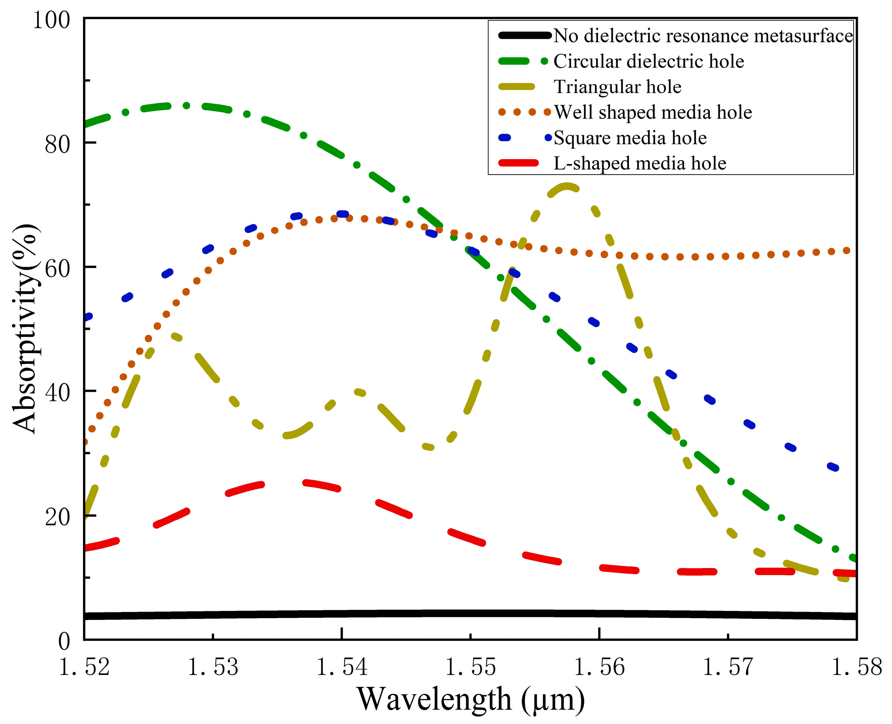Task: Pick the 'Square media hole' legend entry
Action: (x=630, y=138)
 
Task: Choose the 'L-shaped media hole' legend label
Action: (x=639, y=164)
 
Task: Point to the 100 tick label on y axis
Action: (x=51, y=20)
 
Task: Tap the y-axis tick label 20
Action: (x=58, y=517)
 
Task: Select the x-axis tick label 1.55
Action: (x=470, y=666)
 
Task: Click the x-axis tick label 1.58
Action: (x=857, y=666)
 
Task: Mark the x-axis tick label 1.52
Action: (x=84, y=666)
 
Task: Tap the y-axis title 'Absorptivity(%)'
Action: (x=25, y=329)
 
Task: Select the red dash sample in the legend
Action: (x=518, y=163)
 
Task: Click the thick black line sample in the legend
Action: (x=524, y=36)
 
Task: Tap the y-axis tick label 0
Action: (x=64, y=641)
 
